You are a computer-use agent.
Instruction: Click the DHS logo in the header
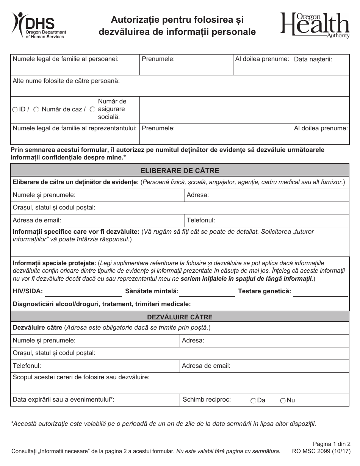click(x=38, y=25)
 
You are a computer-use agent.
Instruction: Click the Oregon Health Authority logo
click(x=315, y=25)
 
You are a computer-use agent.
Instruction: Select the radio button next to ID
click(x=15, y=109)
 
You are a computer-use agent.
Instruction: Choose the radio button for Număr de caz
click(x=36, y=109)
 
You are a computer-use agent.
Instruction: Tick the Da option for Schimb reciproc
click(x=253, y=400)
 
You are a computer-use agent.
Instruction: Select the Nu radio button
click(x=283, y=400)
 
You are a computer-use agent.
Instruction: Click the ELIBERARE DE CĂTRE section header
click(x=180, y=170)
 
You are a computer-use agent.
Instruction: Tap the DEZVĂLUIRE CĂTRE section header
click(x=180, y=317)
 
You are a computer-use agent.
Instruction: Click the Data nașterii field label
click(x=313, y=59)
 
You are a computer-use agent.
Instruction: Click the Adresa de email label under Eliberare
click(x=37, y=220)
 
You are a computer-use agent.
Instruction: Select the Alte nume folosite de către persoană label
click(x=66, y=81)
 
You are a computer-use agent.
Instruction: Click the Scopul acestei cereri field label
click(x=81, y=377)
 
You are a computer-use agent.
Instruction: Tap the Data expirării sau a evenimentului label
click(x=64, y=399)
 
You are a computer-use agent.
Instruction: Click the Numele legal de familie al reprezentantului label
click(x=75, y=128)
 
